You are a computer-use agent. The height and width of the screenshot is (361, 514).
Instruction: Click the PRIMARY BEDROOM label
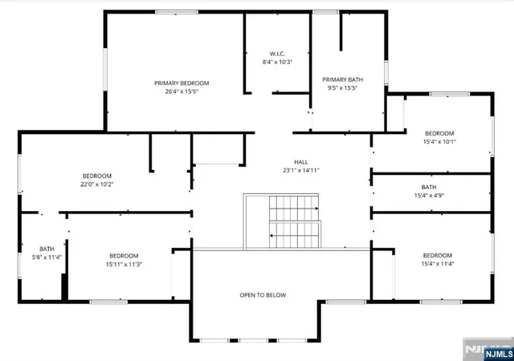click(x=182, y=83)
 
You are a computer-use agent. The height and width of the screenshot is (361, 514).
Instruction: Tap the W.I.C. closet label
click(x=277, y=54)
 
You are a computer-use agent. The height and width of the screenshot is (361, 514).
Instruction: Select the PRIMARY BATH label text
click(x=343, y=79)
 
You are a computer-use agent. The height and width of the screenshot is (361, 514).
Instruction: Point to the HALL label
click(x=301, y=162)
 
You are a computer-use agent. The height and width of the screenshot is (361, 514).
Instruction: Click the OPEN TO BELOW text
click(x=263, y=295)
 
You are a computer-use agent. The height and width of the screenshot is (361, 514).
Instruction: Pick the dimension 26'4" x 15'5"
click(x=182, y=91)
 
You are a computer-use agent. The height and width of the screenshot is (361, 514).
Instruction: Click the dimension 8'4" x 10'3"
click(x=277, y=62)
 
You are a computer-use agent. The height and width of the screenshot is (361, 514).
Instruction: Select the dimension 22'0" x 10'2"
click(x=97, y=184)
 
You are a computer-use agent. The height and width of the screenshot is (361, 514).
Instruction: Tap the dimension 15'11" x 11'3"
click(x=124, y=264)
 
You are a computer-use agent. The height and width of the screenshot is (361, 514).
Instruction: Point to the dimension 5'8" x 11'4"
click(x=47, y=258)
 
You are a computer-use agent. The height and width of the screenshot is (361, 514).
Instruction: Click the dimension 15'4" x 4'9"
click(x=429, y=196)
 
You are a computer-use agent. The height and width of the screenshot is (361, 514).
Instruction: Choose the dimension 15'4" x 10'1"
click(x=439, y=141)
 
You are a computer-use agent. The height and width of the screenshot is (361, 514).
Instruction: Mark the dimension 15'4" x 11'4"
click(x=438, y=264)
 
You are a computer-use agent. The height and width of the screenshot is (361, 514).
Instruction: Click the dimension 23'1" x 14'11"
click(x=301, y=170)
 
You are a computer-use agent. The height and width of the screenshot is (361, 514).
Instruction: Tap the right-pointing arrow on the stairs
click(x=294, y=209)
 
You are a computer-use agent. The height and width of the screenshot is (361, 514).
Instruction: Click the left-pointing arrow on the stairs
click(x=294, y=235)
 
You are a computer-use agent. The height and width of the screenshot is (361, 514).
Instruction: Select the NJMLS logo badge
click(x=499, y=354)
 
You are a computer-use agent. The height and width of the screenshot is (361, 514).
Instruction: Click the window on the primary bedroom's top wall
click(x=177, y=12)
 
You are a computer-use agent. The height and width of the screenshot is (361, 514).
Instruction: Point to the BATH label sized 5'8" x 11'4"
click(x=47, y=249)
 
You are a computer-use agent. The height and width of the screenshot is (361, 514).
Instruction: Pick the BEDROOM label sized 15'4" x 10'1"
click(x=439, y=133)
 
